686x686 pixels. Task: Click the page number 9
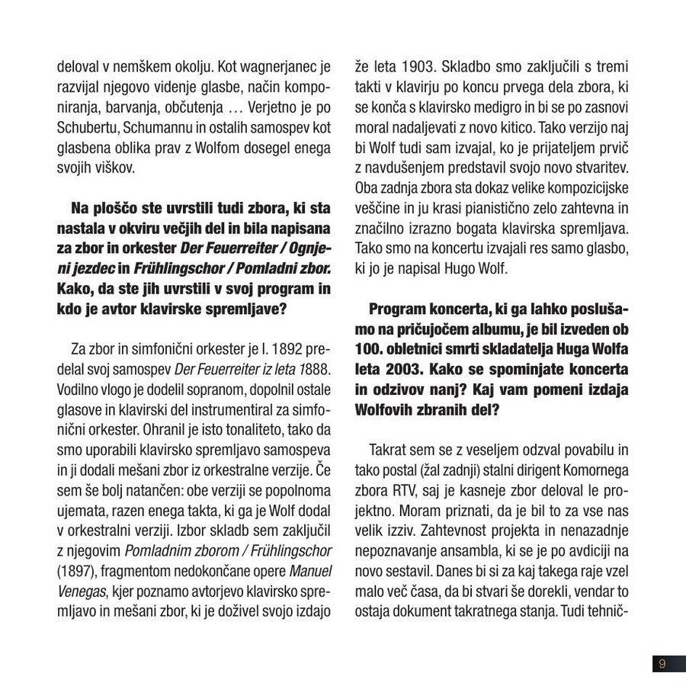pos(662,663)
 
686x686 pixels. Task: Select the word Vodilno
pos(77,389)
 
